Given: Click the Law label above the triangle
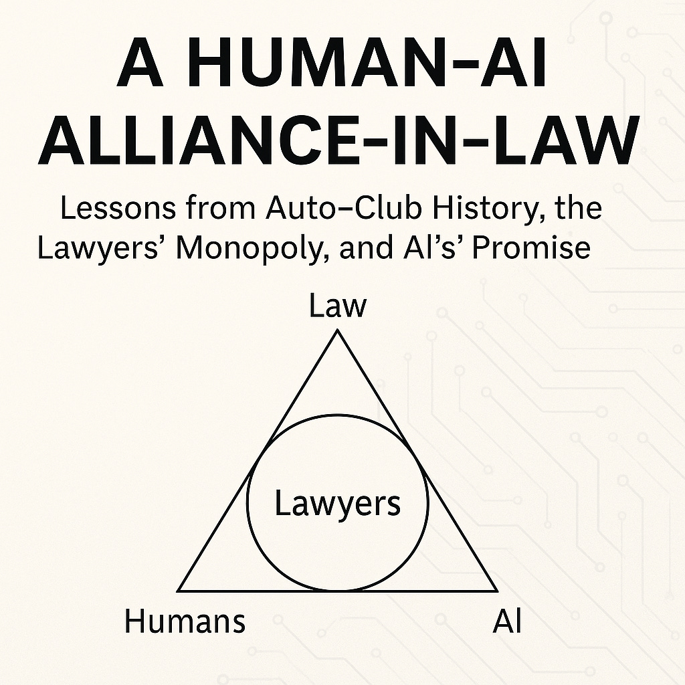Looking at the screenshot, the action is click(x=338, y=306).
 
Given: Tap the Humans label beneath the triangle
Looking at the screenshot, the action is click(x=185, y=622).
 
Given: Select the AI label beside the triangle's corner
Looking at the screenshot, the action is click(x=506, y=622).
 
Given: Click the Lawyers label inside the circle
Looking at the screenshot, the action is click(x=338, y=504).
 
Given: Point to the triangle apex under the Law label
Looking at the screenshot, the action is click(x=338, y=331).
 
